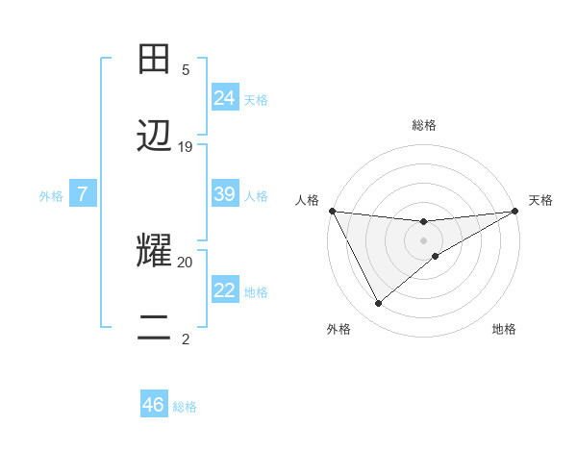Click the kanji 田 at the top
155,61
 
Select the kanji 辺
155,138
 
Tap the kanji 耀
155,252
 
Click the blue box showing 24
225,98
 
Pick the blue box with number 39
225,194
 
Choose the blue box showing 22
225,290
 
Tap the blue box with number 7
83,194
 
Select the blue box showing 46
154,405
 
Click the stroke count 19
186,147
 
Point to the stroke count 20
186,262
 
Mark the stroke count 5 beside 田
186,70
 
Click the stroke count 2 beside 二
186,339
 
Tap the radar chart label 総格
424,125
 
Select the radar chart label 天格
540,200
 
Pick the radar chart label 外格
339,329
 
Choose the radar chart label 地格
504,329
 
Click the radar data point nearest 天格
515,211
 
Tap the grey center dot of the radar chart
424,239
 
